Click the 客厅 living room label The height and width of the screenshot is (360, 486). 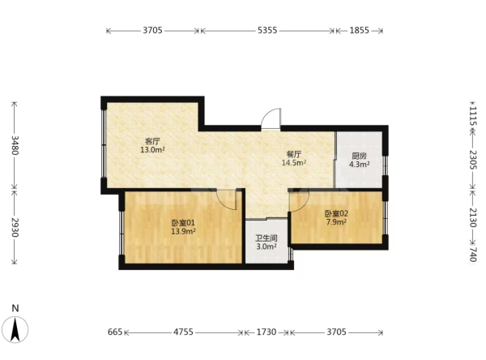[x=152, y=142]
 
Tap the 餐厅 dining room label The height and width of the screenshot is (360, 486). [x=294, y=154]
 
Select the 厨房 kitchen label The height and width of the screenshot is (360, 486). [x=359, y=156]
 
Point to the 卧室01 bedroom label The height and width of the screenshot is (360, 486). [x=183, y=223]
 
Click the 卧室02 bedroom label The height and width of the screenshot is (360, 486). [x=336, y=213]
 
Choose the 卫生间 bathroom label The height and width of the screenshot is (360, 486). [x=266, y=238]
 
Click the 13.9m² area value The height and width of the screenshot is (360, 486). [x=183, y=231]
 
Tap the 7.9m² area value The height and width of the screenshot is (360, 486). [x=336, y=222]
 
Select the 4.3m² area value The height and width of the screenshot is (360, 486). [x=359, y=165]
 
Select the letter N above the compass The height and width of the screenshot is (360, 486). [x=15, y=308]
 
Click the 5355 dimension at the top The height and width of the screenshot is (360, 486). [x=267, y=31]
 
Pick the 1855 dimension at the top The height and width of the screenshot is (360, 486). [x=359, y=31]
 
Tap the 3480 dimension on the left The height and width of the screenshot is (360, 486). [x=15, y=145]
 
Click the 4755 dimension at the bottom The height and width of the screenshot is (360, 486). [x=183, y=332]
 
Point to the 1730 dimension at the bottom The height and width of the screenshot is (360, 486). [x=266, y=332]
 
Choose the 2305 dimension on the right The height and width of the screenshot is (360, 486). [x=473, y=160]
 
